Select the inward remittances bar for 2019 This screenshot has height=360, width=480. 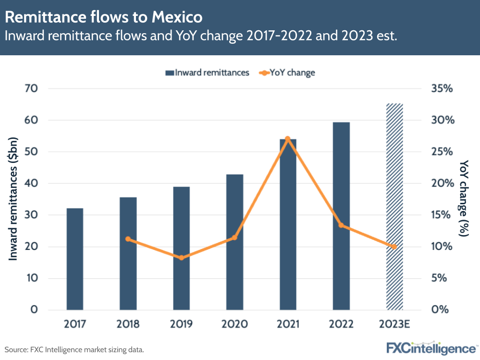tap(181, 248)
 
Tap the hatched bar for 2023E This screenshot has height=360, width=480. tap(394, 206)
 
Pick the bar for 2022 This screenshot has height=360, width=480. tap(341, 216)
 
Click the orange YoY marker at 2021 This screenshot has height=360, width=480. tap(288, 139)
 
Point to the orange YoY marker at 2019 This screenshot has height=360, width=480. tap(181, 258)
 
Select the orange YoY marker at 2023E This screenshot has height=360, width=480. tap(394, 247)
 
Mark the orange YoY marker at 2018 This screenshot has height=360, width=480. tap(128, 239)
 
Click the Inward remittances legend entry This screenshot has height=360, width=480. tap(207, 73)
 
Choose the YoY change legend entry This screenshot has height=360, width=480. tap(287, 73)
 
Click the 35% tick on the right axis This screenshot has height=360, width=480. tap(442, 89)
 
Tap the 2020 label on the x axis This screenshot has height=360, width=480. tap(234, 324)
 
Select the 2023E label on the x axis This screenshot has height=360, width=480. tap(394, 324)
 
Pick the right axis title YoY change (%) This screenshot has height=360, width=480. tap(464, 199)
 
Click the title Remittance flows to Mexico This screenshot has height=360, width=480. tap(103, 17)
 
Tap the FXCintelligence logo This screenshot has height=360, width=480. tap(431, 348)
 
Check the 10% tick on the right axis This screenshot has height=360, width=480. tap(442, 247)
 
